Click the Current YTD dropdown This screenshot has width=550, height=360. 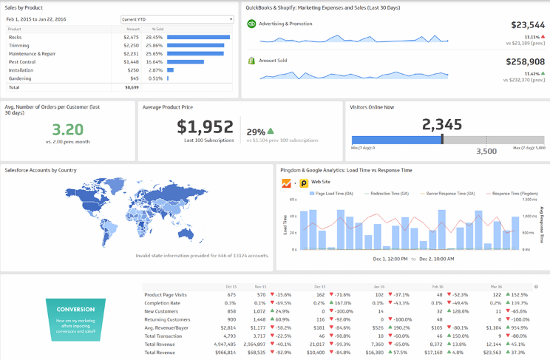pyautogui.click(x=177, y=19)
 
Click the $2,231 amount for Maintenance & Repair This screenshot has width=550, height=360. pyautogui.click(x=130, y=53)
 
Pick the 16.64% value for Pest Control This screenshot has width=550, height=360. pyautogui.click(x=155, y=61)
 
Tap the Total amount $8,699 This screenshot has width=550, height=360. pyautogui.click(x=131, y=87)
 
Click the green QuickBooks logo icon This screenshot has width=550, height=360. pyautogui.click(x=251, y=24)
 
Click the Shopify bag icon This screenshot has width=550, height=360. pyautogui.click(x=251, y=61)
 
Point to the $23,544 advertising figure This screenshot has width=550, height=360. pyautogui.click(x=527, y=24)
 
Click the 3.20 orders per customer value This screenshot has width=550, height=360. pyautogui.click(x=68, y=129)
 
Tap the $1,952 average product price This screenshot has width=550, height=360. pyautogui.click(x=205, y=127)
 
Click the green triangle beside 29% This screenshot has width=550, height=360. pyautogui.click(x=271, y=131)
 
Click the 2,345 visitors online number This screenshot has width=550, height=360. pyautogui.click(x=441, y=124)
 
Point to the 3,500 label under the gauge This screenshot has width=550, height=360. pyautogui.click(x=486, y=151)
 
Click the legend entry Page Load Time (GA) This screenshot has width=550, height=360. pyautogui.click(x=333, y=193)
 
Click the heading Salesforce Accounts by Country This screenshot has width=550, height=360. pyautogui.click(x=41, y=170)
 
